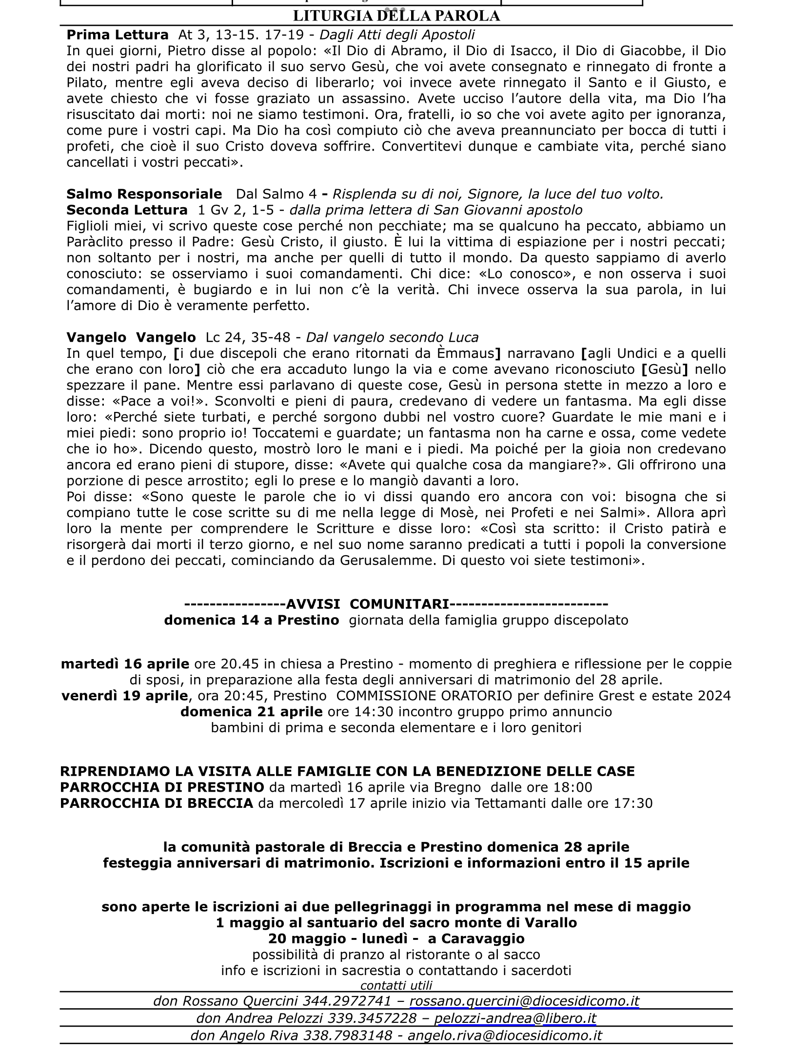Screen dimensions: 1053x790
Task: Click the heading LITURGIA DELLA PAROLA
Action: pyautogui.click(x=396, y=16)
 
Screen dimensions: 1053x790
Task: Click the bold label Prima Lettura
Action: pyautogui.click(x=117, y=35)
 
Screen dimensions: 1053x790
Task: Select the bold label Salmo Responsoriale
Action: pyautogui.click(x=144, y=194)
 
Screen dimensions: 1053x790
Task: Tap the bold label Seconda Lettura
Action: pyautogui.click(x=127, y=210)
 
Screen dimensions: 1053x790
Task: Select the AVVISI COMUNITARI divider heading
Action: pyautogui.click(x=396, y=604)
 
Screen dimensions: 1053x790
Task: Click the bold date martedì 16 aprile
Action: pyautogui.click(x=125, y=664)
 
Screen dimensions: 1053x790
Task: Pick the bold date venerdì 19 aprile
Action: pyautogui.click(x=124, y=696)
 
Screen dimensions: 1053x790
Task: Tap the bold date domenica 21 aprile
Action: pyautogui.click(x=251, y=712)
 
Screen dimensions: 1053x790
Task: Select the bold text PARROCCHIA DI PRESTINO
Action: pyautogui.click(x=162, y=787)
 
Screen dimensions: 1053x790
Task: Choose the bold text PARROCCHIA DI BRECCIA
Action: pyautogui.click(x=157, y=803)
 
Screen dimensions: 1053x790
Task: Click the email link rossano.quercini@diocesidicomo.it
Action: pyautogui.click(x=524, y=1001)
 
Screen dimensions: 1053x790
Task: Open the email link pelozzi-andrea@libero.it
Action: pyautogui.click(x=515, y=1018)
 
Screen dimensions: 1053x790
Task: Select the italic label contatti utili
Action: pyautogui.click(x=396, y=986)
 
